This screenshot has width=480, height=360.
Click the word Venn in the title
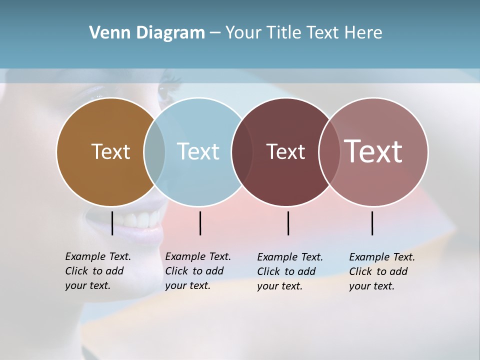107,33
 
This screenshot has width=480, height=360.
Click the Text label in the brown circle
110,151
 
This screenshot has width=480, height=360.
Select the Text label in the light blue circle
198,151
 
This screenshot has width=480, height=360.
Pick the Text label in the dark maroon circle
285,151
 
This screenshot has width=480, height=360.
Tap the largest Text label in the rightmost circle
373,151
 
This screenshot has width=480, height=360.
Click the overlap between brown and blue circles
154,151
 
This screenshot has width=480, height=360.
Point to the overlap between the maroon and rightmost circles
329,151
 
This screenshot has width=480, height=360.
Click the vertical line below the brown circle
112,223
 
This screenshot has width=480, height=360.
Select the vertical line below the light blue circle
200,223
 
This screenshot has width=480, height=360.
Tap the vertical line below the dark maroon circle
288,223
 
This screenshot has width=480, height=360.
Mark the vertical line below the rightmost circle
372,223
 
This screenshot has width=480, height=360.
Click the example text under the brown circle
97,271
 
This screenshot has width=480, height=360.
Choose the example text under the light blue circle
197,271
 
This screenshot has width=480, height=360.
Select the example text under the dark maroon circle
289,271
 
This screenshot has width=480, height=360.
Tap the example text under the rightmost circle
381,271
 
